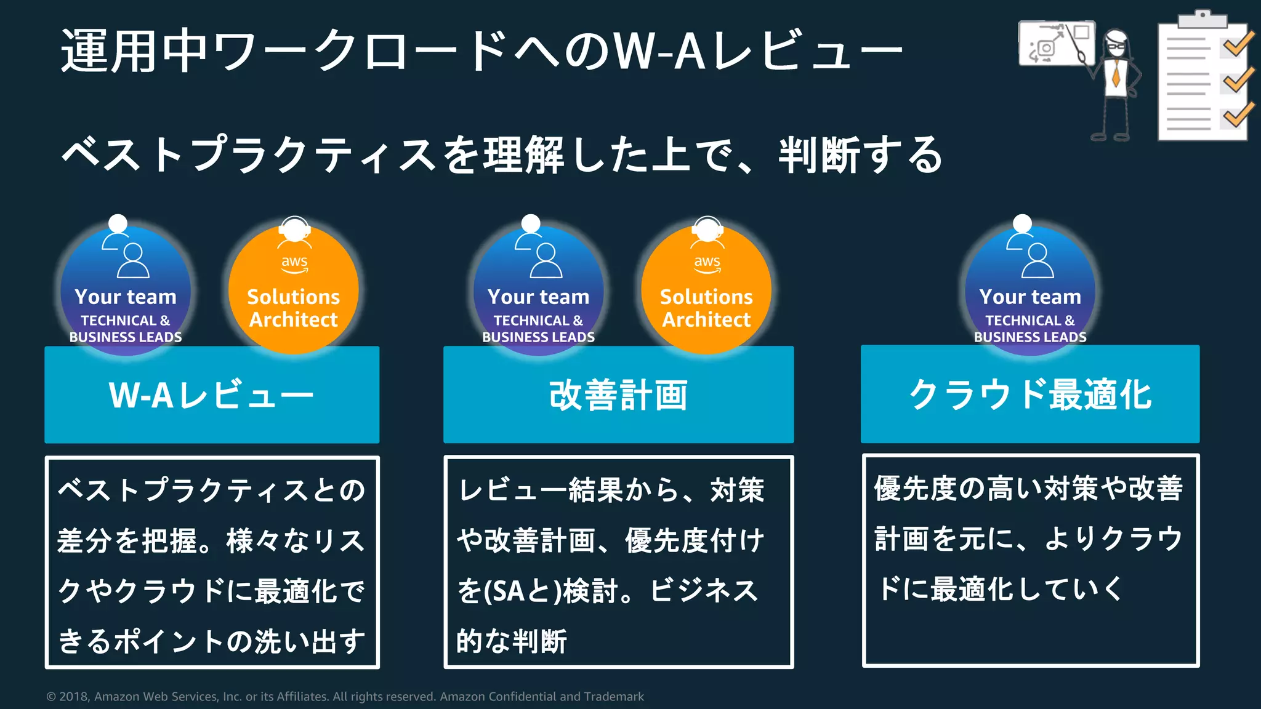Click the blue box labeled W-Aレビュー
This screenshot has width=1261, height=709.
coord(212,395)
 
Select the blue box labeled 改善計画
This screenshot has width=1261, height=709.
coord(618,395)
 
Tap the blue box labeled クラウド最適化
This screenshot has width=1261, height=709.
coord(1030,394)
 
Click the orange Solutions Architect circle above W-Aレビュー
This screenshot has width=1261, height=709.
coord(294,289)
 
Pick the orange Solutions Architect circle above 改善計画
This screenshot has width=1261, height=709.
coord(706,289)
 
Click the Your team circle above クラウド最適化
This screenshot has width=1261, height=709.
coord(1030,289)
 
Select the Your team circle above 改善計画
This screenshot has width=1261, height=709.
coord(538,289)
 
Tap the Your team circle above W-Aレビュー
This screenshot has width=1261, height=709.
coord(126,289)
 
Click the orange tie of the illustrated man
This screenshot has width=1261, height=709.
coord(1116,73)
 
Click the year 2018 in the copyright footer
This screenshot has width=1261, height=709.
coord(74,697)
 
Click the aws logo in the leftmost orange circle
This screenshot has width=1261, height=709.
coord(294,263)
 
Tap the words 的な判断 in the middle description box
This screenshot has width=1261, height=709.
coord(511,641)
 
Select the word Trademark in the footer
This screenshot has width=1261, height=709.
coord(613,697)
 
